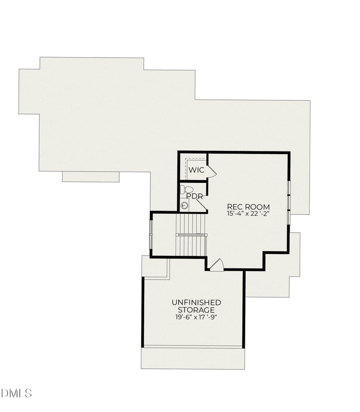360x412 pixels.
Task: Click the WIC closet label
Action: coord(196,170)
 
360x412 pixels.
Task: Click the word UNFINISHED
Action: coord(196,302)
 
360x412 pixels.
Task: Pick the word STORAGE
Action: coord(196,310)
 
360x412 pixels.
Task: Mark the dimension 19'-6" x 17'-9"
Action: coord(196,317)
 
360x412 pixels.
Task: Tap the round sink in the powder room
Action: coord(184,206)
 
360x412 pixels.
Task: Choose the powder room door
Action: coord(201,204)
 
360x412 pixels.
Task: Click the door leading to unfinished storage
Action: coord(216,265)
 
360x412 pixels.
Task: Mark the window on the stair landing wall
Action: coord(151,234)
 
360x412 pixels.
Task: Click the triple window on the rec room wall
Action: coord(288,202)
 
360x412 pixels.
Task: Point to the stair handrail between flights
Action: coord(191,235)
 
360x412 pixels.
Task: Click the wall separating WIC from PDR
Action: coord(193,181)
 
